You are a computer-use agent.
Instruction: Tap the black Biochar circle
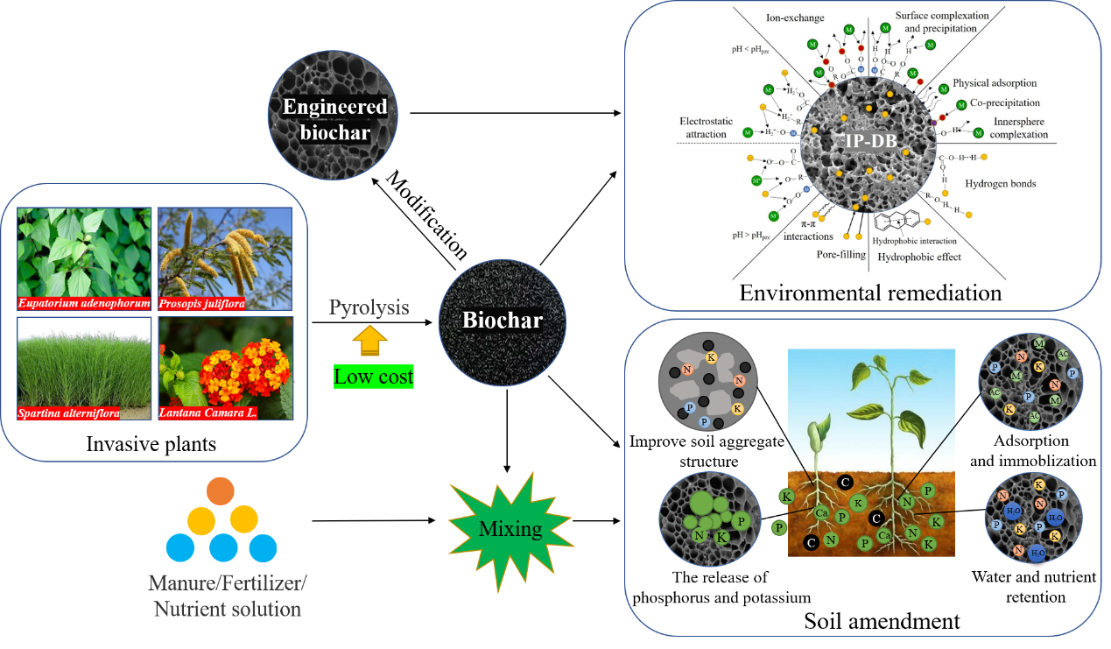pyautogui.click(x=502, y=321)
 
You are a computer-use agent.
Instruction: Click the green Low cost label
pyautogui.click(x=373, y=377)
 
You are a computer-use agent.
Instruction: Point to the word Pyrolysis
pyautogui.click(x=369, y=307)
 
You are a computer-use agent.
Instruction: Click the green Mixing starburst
pyautogui.click(x=510, y=529)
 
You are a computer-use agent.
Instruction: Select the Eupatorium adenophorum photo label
pyautogui.click(x=84, y=305)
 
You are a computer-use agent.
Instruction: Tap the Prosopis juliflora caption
pyautogui.click(x=201, y=305)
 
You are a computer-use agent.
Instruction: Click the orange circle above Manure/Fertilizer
pyautogui.click(x=221, y=491)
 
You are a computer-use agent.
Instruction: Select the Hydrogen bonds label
pyautogui.click(x=1000, y=184)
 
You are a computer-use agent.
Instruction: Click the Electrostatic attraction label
pyautogui.click(x=704, y=127)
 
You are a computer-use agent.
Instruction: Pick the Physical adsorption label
pyautogui.click(x=995, y=83)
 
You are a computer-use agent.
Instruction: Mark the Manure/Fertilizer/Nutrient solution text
pyautogui.click(x=228, y=596)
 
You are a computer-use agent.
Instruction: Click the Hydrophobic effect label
pyautogui.click(x=919, y=257)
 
